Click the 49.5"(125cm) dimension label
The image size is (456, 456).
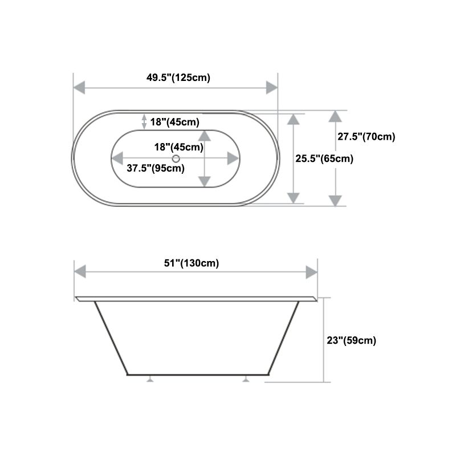pyautogui.click(x=178, y=78)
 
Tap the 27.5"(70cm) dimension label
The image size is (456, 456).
pyautogui.click(x=366, y=137)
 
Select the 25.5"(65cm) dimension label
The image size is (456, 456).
pyautogui.click(x=324, y=159)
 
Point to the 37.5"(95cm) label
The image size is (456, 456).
pyautogui.click(x=155, y=168)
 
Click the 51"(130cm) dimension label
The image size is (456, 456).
pyautogui.click(x=192, y=263)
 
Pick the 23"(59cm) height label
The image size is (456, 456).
pyautogui.click(x=351, y=341)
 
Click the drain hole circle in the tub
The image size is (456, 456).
pyautogui.click(x=176, y=158)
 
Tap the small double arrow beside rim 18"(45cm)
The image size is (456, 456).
pyautogui.click(x=144, y=121)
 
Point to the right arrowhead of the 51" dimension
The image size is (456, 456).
pyautogui.click(x=311, y=272)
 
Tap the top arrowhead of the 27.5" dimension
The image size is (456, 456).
pyautogui.click(x=335, y=116)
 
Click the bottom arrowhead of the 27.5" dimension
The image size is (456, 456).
pyautogui.click(x=335, y=200)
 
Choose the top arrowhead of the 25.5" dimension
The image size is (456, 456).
pyautogui.click(x=293, y=119)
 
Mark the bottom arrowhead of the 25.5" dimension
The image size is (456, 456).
pyautogui.click(x=293, y=198)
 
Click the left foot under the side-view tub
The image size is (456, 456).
pyautogui.click(x=150, y=378)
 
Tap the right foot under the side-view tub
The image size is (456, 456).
pyautogui.click(x=246, y=378)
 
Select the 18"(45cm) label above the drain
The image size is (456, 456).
pyautogui.click(x=179, y=146)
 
